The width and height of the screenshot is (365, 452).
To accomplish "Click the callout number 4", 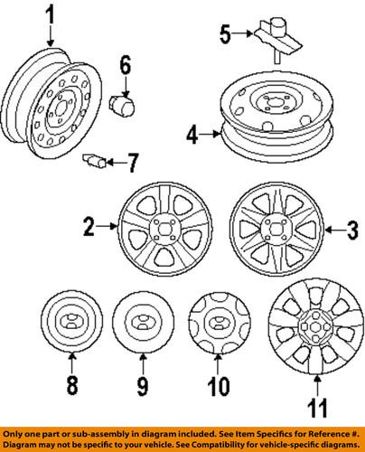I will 192,137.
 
